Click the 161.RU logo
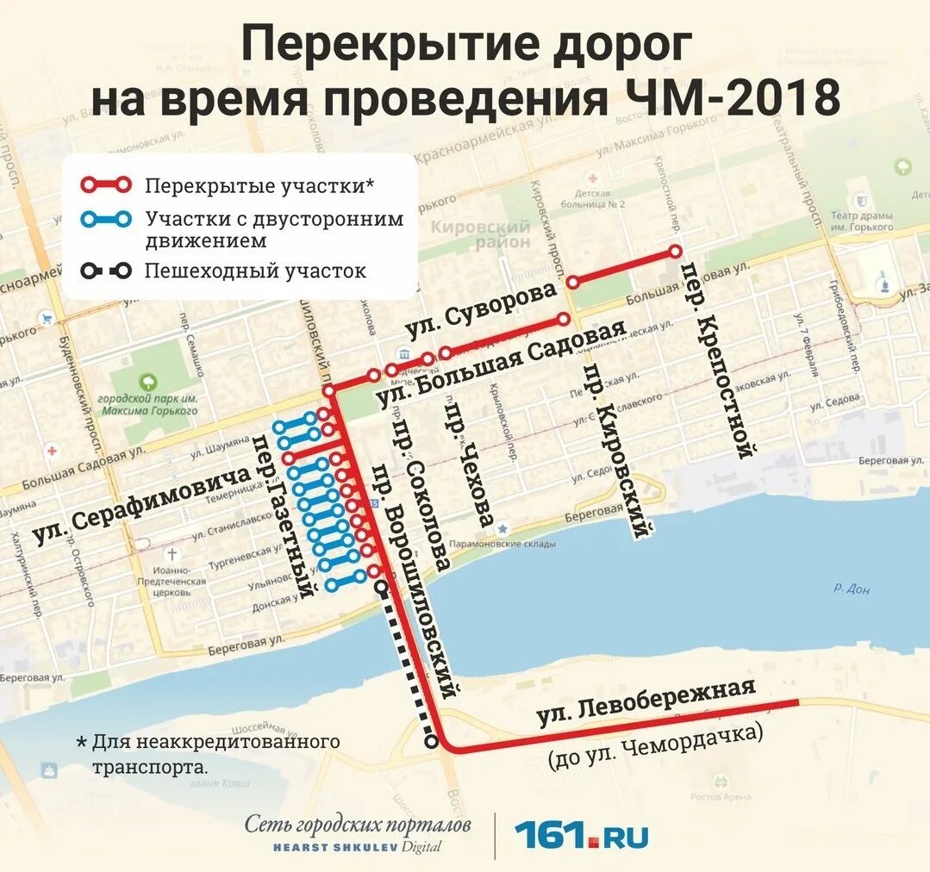582,835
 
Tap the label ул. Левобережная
646,702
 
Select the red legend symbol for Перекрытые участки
106,184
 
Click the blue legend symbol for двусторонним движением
106,220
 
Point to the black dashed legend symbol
106,271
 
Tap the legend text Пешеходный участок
255,271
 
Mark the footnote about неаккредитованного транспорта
207,753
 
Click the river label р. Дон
852,589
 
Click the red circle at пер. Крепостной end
676,252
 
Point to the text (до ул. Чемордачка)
655,748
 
